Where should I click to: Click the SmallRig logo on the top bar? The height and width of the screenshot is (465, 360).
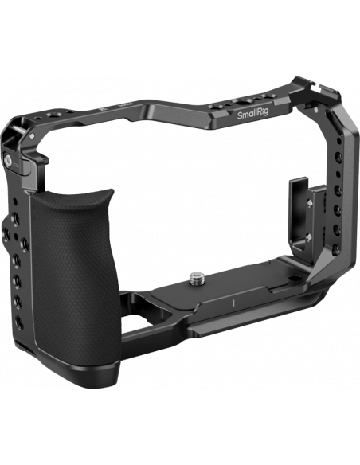point(252,114)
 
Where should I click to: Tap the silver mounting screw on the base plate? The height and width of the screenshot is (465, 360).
point(196,278)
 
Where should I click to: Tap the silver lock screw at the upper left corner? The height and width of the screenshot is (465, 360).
point(8,160)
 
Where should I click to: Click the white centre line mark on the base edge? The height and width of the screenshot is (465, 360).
point(234,303)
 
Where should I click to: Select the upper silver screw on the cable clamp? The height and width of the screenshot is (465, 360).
point(310,203)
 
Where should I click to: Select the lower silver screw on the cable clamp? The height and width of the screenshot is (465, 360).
point(309,237)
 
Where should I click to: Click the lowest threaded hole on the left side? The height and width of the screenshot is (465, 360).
point(19,322)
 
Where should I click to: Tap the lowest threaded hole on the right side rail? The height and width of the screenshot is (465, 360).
point(337,249)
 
